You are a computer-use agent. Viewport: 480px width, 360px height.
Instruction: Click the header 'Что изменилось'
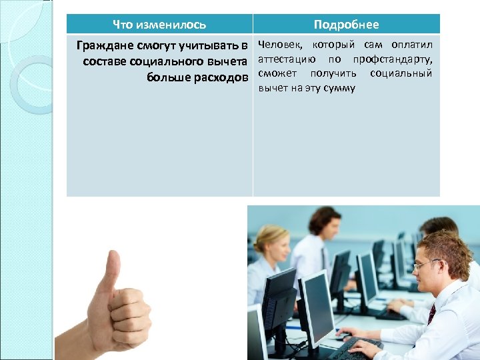(159, 25)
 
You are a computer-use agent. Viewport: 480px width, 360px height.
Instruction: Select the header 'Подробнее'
(346, 25)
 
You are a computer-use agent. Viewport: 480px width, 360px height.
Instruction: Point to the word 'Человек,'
(280, 45)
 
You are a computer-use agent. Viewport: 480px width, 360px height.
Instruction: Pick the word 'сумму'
(339, 88)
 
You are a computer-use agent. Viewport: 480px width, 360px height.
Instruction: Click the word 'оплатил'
(412, 45)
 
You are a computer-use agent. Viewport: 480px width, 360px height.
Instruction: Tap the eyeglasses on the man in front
(425, 265)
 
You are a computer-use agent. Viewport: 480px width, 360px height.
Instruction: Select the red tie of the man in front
(431, 313)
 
